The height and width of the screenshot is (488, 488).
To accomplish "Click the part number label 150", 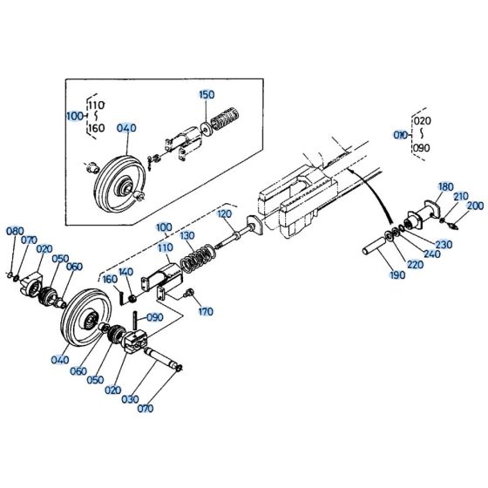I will [206, 94].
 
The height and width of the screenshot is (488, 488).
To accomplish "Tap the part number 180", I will [445, 186].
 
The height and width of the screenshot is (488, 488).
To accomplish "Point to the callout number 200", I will [475, 206].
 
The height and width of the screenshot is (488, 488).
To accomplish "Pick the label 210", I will [460, 196].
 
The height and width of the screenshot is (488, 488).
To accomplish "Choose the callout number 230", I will [444, 244].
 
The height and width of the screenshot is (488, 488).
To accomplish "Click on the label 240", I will [432, 254].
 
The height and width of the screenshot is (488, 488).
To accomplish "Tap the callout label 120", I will [224, 213].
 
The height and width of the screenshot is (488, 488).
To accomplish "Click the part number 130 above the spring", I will [187, 236].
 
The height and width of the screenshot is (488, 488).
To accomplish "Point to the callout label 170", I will [206, 311].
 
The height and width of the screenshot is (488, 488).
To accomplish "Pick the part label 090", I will [154, 317].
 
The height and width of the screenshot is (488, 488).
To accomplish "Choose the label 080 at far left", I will [15, 231].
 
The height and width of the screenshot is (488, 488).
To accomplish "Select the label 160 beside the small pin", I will [110, 279].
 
